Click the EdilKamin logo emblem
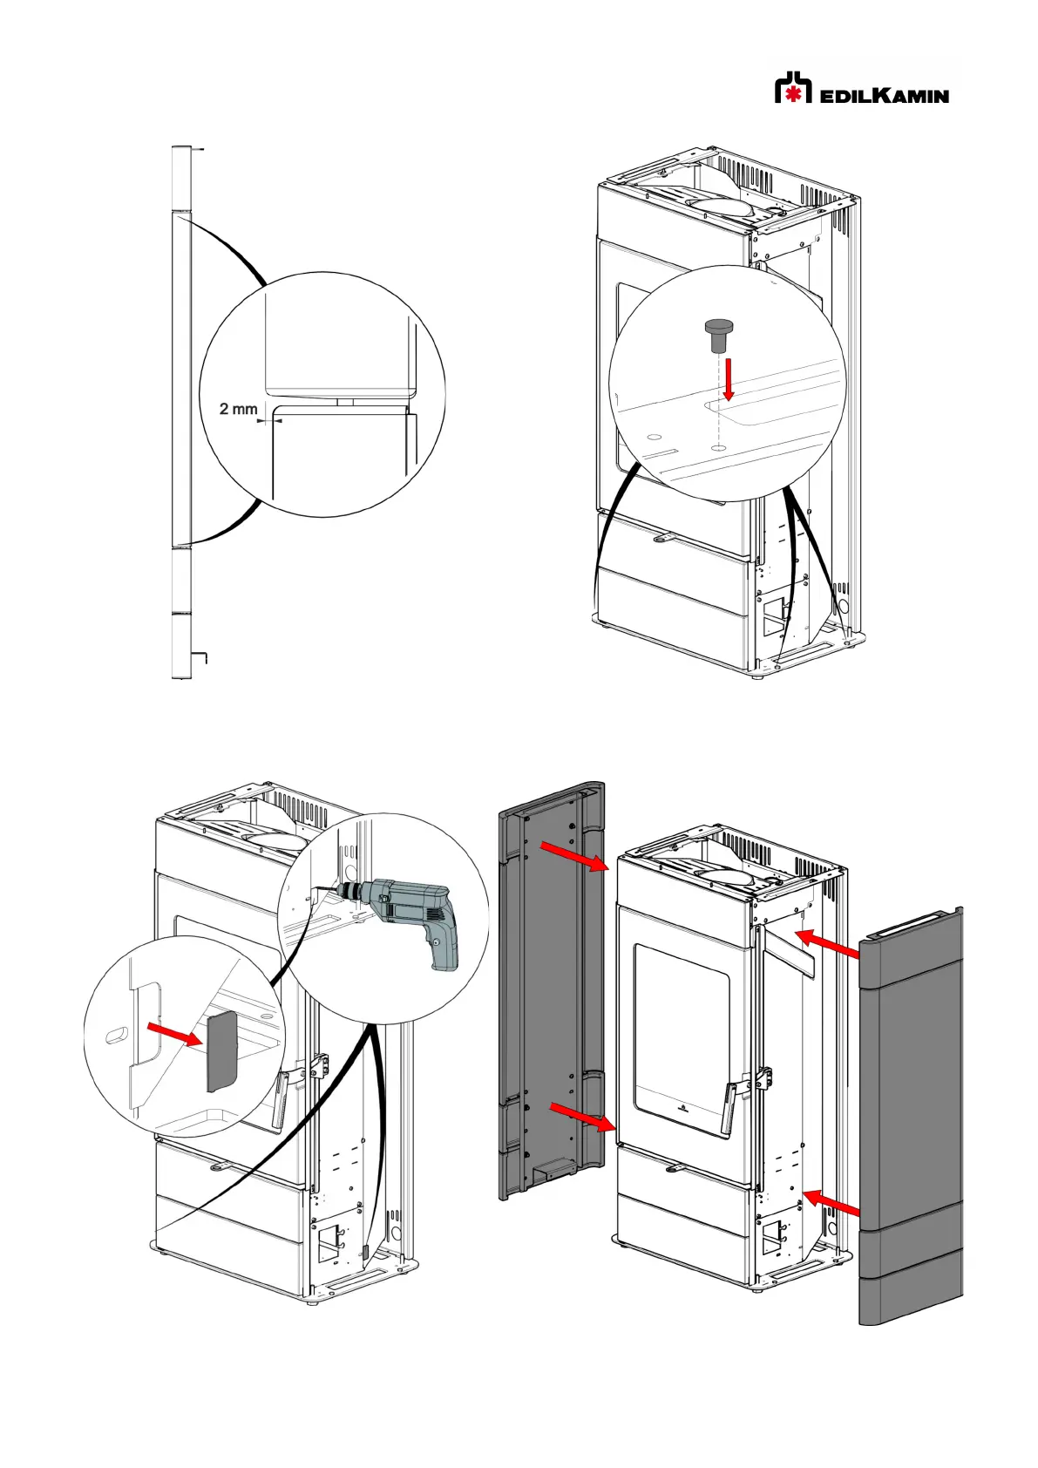tap(792, 88)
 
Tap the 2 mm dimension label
tap(238, 408)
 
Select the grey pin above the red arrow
tap(719, 333)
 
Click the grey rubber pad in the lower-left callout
tap(221, 1050)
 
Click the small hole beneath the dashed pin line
tap(717, 446)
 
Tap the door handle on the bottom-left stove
tap(282, 1100)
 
